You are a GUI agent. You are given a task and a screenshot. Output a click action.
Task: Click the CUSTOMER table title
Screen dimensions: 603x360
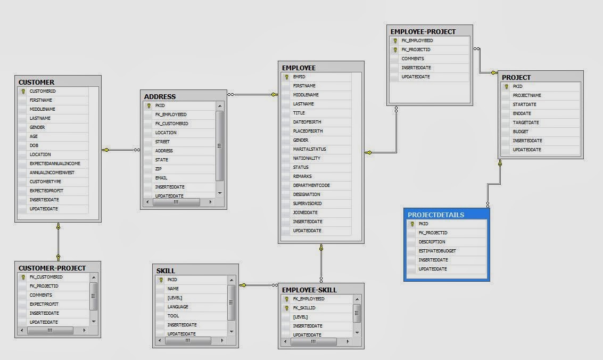36,82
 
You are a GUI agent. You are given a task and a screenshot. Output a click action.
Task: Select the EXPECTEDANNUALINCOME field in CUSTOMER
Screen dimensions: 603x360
55,163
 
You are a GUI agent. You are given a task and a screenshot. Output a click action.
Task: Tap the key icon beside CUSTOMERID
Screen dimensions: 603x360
23,91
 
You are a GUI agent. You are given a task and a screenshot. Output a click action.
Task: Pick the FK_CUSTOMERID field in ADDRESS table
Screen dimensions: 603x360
171,124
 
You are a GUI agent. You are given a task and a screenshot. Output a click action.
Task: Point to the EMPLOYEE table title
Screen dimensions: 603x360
299,68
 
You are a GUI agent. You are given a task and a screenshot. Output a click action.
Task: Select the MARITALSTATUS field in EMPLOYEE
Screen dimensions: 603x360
309,149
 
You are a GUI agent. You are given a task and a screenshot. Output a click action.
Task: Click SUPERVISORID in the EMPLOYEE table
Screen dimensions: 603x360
307,203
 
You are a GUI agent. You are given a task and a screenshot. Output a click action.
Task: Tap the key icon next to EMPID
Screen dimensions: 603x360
286,77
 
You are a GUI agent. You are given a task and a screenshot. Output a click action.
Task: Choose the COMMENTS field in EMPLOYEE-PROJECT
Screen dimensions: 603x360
412,59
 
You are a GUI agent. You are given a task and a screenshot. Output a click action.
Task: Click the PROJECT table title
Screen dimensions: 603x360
516,77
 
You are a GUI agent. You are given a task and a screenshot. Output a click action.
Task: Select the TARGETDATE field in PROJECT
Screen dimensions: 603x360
525,122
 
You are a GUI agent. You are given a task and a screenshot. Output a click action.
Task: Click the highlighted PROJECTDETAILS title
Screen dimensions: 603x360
435,215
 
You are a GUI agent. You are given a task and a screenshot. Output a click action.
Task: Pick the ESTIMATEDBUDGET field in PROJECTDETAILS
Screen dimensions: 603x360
437,251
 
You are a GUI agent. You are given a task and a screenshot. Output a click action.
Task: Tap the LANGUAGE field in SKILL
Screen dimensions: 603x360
178,307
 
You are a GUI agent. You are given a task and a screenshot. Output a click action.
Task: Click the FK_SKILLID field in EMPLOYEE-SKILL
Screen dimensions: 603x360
304,308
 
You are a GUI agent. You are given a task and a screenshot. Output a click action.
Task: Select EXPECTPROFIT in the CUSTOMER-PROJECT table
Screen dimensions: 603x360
44,304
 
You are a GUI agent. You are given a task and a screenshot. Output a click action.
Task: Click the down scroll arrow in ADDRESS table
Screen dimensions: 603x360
219,193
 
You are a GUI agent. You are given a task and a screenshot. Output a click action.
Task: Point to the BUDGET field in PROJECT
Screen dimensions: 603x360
521,132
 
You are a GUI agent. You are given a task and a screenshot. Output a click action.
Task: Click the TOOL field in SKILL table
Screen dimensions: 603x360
173,316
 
